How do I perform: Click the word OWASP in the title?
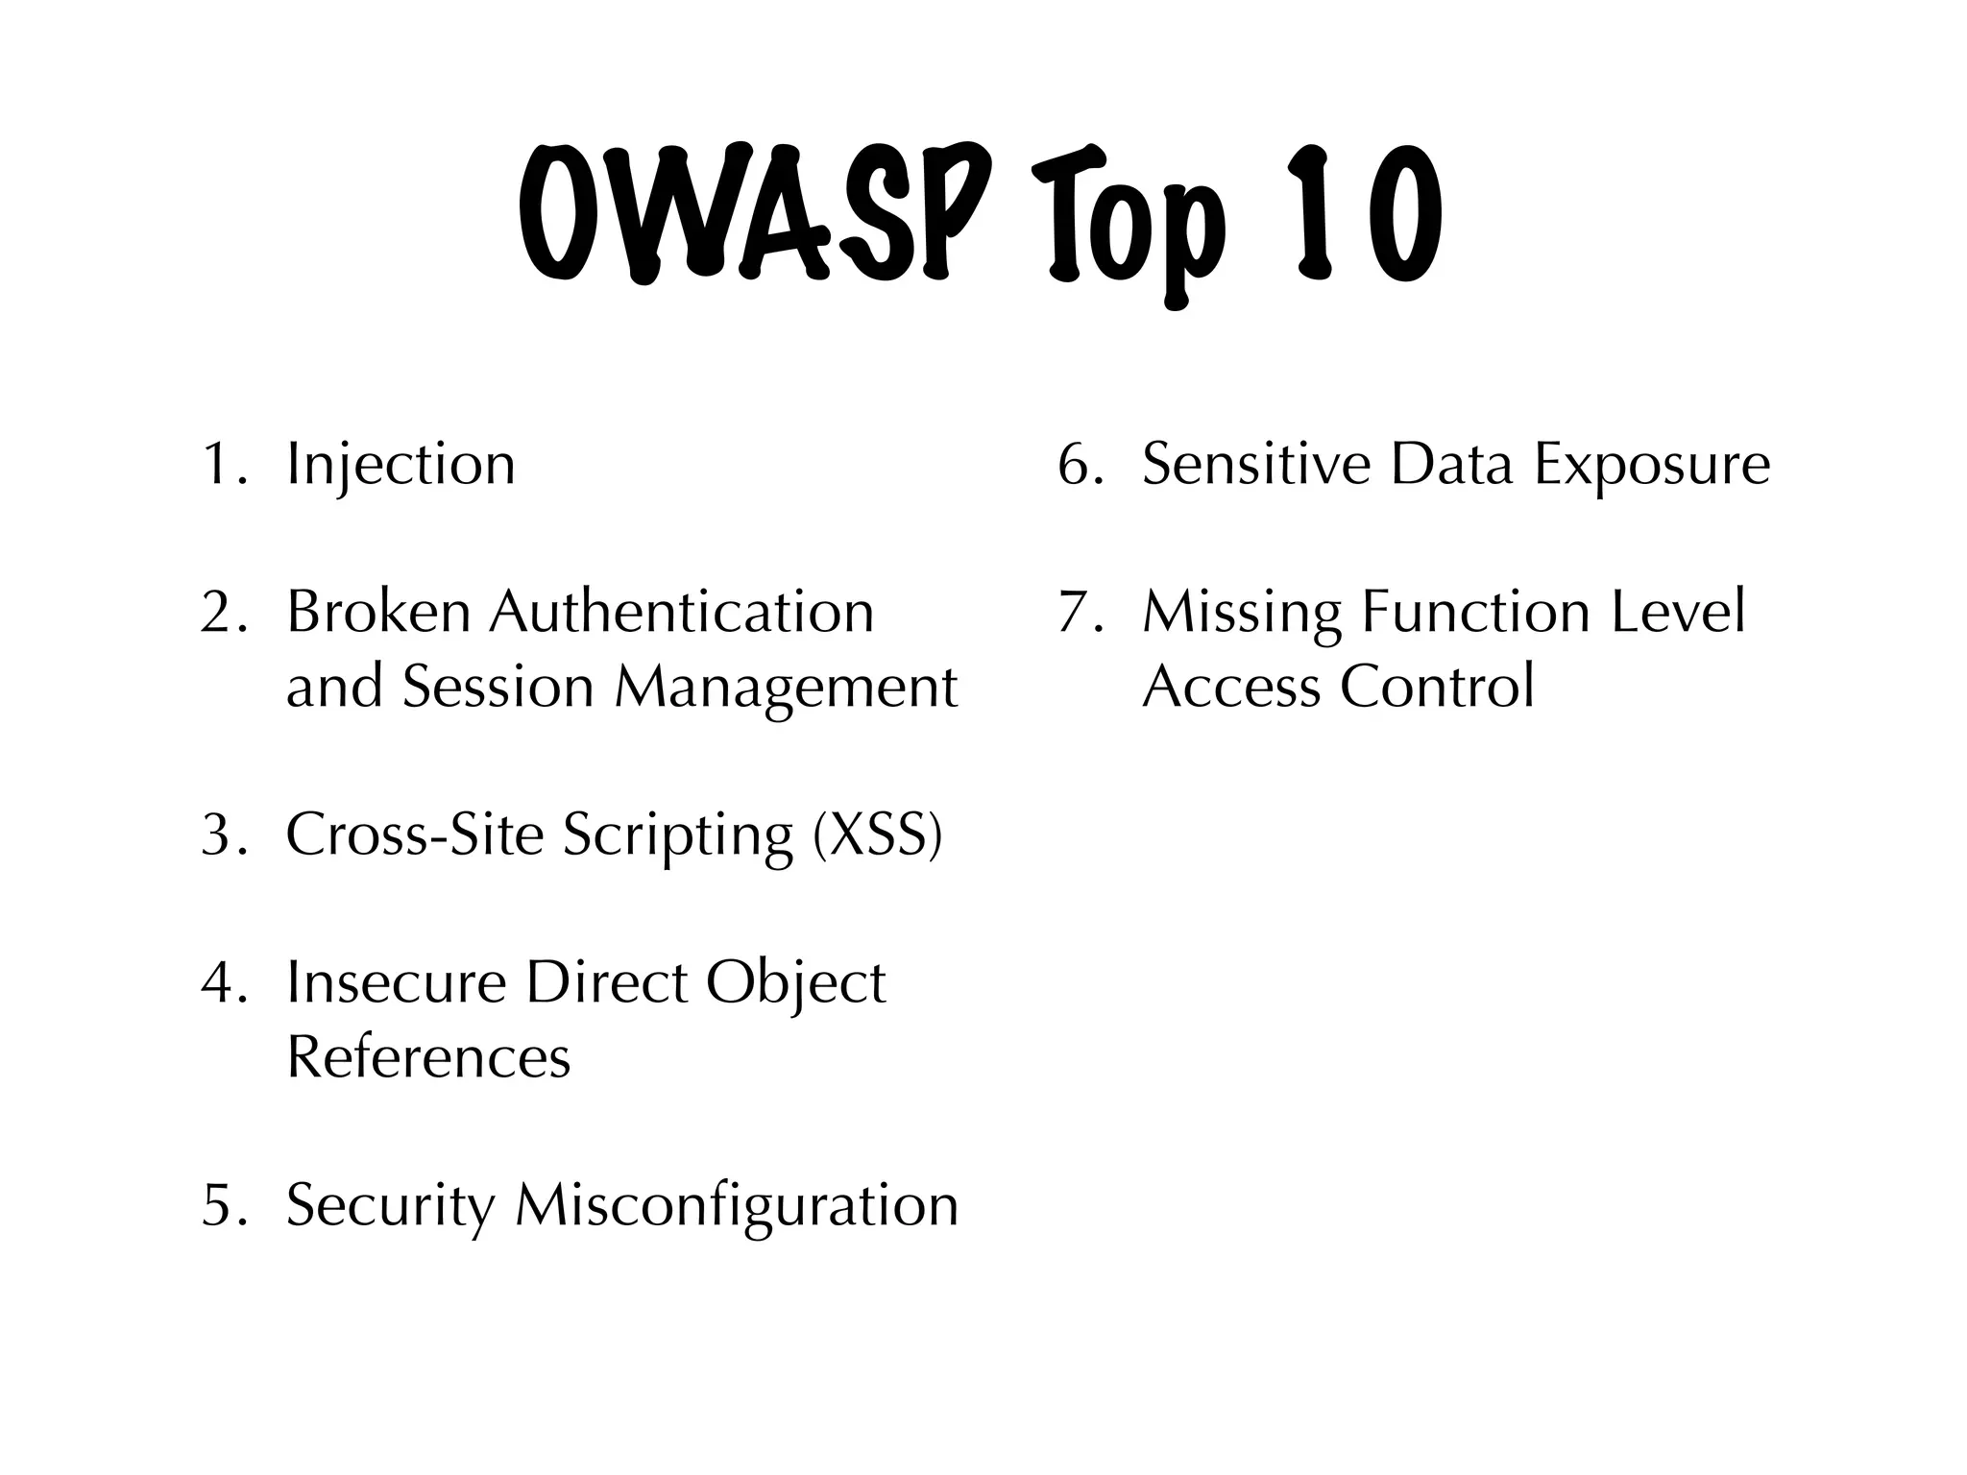754,213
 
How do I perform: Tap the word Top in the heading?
1129,221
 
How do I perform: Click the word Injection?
401,465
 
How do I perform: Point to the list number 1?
220,465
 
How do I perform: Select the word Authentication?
682,612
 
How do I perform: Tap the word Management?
786,689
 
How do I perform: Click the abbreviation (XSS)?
877,834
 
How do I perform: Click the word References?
428,1057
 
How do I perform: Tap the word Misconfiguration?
737,1205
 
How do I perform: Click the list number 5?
220,1205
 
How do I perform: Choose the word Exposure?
1651,465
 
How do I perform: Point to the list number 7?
1077,612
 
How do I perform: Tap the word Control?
1437,687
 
